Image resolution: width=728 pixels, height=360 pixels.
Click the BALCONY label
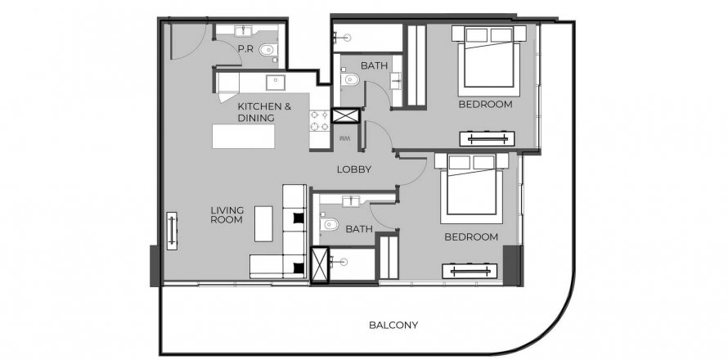point(393,325)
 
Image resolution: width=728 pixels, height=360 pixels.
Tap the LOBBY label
point(354,169)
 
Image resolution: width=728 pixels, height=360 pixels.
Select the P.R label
point(245,48)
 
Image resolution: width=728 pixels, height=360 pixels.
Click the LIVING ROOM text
point(227,215)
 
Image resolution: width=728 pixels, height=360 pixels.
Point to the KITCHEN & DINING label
point(265,112)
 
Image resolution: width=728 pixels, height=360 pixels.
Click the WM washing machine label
point(344,138)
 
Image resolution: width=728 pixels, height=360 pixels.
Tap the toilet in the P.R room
point(267,50)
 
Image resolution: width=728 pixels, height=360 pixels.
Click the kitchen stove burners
point(320,121)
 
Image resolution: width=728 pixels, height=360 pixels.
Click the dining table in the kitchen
point(243,136)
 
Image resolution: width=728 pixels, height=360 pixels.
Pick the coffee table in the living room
point(263,224)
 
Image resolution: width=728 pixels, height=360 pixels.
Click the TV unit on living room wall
point(172,231)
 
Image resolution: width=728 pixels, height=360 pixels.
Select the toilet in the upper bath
point(350,80)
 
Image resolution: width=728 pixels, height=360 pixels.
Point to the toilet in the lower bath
point(329,225)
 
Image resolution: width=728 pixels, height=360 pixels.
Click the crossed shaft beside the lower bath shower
point(320,265)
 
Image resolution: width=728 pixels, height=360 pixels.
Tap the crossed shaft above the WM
point(346,115)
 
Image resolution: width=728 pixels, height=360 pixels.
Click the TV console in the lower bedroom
point(470,271)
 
